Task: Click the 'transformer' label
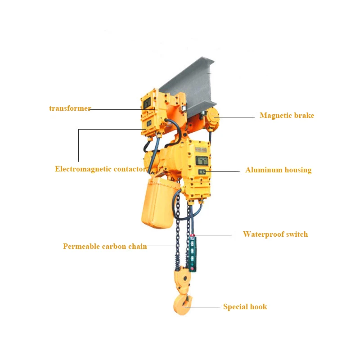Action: [x=70, y=108]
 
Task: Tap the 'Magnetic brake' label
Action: [x=287, y=116]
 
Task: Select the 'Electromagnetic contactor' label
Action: [x=100, y=169]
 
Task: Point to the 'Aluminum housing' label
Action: [x=278, y=170]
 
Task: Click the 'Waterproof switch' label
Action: [x=275, y=234]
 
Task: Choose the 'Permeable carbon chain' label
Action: [x=105, y=247]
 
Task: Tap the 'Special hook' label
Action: [x=245, y=307]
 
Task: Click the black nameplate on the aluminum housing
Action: [x=201, y=160]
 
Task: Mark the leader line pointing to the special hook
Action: [x=206, y=307]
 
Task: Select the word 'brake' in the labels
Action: [x=304, y=116]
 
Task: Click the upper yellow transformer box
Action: [x=150, y=102]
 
